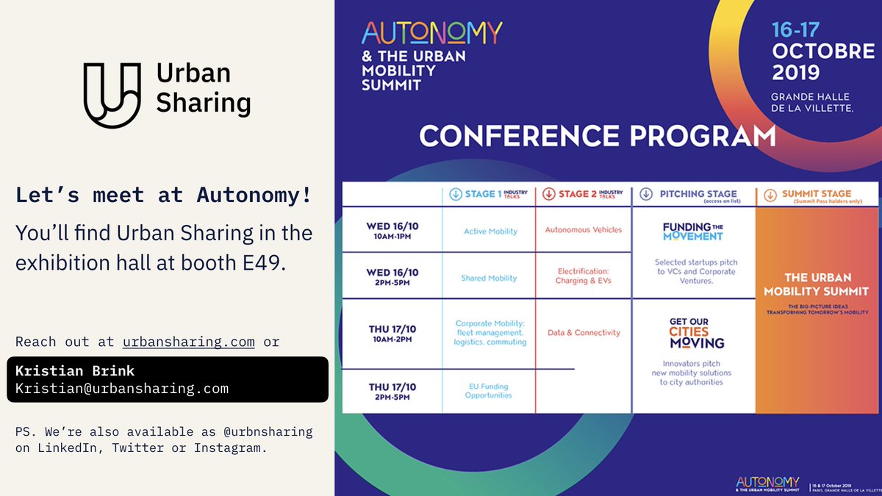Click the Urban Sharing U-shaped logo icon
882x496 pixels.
112,95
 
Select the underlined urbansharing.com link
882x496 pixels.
189,342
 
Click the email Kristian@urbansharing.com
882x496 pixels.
122,389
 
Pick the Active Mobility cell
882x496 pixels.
490,231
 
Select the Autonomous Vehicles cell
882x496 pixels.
584,230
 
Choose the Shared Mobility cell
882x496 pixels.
489,278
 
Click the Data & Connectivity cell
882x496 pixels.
584,333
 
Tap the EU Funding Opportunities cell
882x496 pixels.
488,391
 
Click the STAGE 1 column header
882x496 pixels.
490,195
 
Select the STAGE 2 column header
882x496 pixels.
584,194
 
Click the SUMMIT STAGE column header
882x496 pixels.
817,195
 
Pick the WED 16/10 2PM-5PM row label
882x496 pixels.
389,277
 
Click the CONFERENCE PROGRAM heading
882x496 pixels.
597,137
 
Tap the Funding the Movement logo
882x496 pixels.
692,231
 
